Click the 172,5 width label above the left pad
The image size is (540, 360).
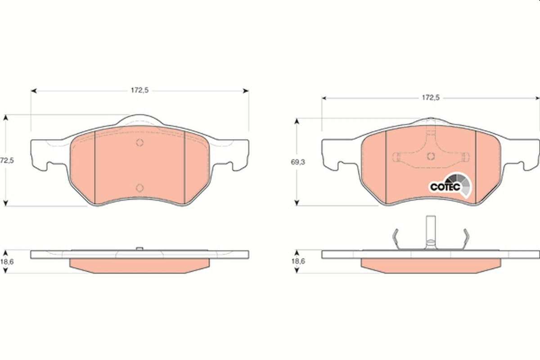click(139, 90)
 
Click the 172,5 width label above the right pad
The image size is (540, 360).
click(430, 97)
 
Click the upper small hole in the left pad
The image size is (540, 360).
click(139, 143)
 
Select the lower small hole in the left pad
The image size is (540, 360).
click(139, 188)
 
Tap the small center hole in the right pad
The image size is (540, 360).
click(430, 157)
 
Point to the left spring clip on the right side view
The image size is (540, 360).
click(396, 238)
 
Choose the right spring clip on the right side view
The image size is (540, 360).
click(466, 238)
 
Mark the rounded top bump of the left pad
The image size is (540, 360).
click(140, 120)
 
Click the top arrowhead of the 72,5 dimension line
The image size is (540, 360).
click(6, 117)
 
